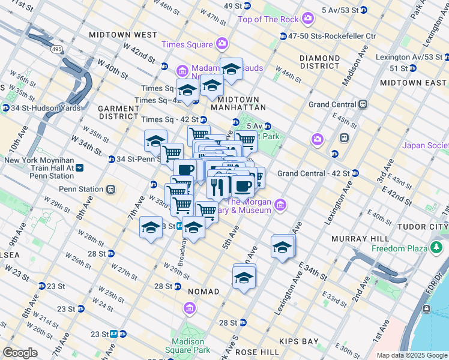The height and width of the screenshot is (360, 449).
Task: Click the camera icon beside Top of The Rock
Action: (x=309, y=19)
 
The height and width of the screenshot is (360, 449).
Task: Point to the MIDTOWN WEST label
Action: (x=123, y=35)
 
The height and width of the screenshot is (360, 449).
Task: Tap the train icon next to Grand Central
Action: (x=363, y=104)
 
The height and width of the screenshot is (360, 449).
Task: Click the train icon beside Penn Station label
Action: (x=110, y=190)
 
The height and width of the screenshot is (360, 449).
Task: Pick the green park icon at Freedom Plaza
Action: (x=436, y=248)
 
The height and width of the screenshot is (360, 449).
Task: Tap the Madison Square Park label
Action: (x=188, y=345)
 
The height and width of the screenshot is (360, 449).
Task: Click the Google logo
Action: (x=20, y=353)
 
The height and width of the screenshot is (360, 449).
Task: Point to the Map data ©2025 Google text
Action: (x=412, y=355)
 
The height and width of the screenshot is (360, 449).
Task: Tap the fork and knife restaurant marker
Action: (x=217, y=186)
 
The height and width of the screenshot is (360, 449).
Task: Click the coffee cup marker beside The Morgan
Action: (x=243, y=187)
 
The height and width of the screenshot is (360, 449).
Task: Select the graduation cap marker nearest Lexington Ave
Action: (x=283, y=247)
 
